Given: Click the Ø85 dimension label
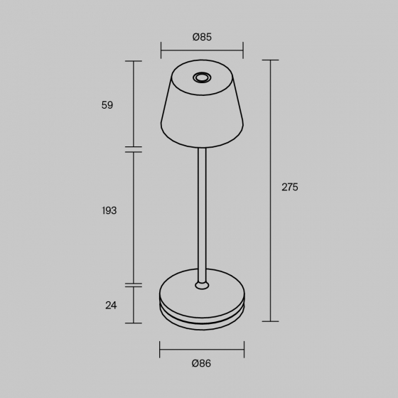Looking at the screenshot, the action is pyautogui.click(x=202, y=37).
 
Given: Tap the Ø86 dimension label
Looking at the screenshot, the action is pyautogui.click(x=201, y=363).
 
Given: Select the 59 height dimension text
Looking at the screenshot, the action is pyautogui.click(x=107, y=105).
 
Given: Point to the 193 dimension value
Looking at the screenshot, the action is pyautogui.click(x=109, y=210).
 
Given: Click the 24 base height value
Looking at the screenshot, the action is pyautogui.click(x=111, y=305).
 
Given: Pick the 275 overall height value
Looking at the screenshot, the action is pyautogui.click(x=290, y=187).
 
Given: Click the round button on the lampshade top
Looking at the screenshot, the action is pyautogui.click(x=202, y=77).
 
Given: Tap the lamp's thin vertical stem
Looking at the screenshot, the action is pyautogui.click(x=202, y=215).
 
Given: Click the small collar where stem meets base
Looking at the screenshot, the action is pyautogui.click(x=202, y=285).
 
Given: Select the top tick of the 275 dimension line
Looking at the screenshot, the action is pyautogui.click(x=270, y=60).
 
